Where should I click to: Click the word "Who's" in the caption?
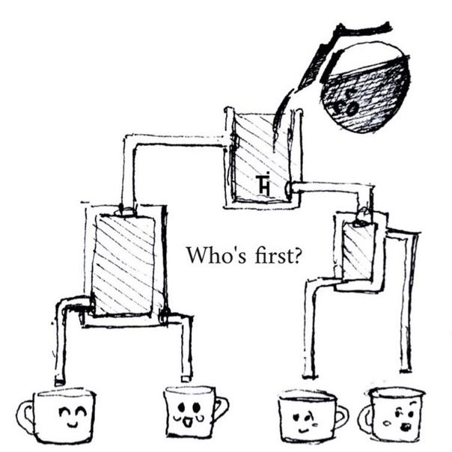(216, 255)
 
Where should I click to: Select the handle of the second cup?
(222, 409)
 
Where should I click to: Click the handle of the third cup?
(342, 418)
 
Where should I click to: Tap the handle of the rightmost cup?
(364, 419)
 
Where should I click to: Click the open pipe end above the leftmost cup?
(59, 382)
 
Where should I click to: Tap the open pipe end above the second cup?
(186, 378)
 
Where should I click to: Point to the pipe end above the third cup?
(310, 375)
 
